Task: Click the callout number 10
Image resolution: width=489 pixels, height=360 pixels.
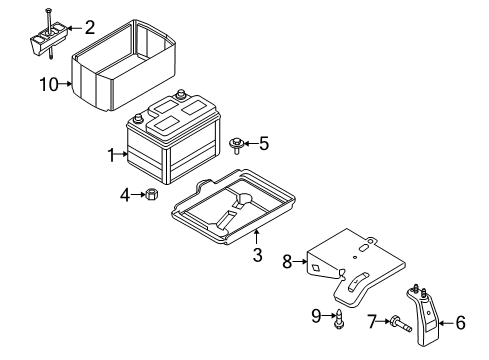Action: point(49,84)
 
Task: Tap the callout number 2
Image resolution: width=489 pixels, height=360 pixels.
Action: point(90,27)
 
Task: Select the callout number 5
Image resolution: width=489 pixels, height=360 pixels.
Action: point(264,144)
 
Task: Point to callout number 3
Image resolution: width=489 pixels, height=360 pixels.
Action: point(257,255)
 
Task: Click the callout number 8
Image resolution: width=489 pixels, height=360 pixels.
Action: point(287,262)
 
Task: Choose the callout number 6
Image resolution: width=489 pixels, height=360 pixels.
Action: point(460,323)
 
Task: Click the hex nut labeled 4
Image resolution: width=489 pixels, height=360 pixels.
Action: point(152,194)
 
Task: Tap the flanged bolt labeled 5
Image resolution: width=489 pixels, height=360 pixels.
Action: point(236,145)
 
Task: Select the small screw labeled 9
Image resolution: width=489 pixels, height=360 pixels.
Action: point(339,319)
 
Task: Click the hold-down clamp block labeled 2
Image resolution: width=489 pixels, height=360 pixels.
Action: point(48,39)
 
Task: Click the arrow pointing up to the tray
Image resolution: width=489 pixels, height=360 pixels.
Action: point(256,237)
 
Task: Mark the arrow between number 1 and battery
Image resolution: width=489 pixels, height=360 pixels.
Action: point(121,154)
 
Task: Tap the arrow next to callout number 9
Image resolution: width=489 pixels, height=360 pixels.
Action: point(329,315)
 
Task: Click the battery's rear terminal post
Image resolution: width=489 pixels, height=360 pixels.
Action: point(181,94)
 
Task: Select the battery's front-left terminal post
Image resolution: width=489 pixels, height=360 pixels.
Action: point(138,119)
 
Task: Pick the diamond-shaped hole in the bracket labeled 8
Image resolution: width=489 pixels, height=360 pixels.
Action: point(315,267)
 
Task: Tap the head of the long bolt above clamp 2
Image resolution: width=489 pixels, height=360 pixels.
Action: point(49,9)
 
